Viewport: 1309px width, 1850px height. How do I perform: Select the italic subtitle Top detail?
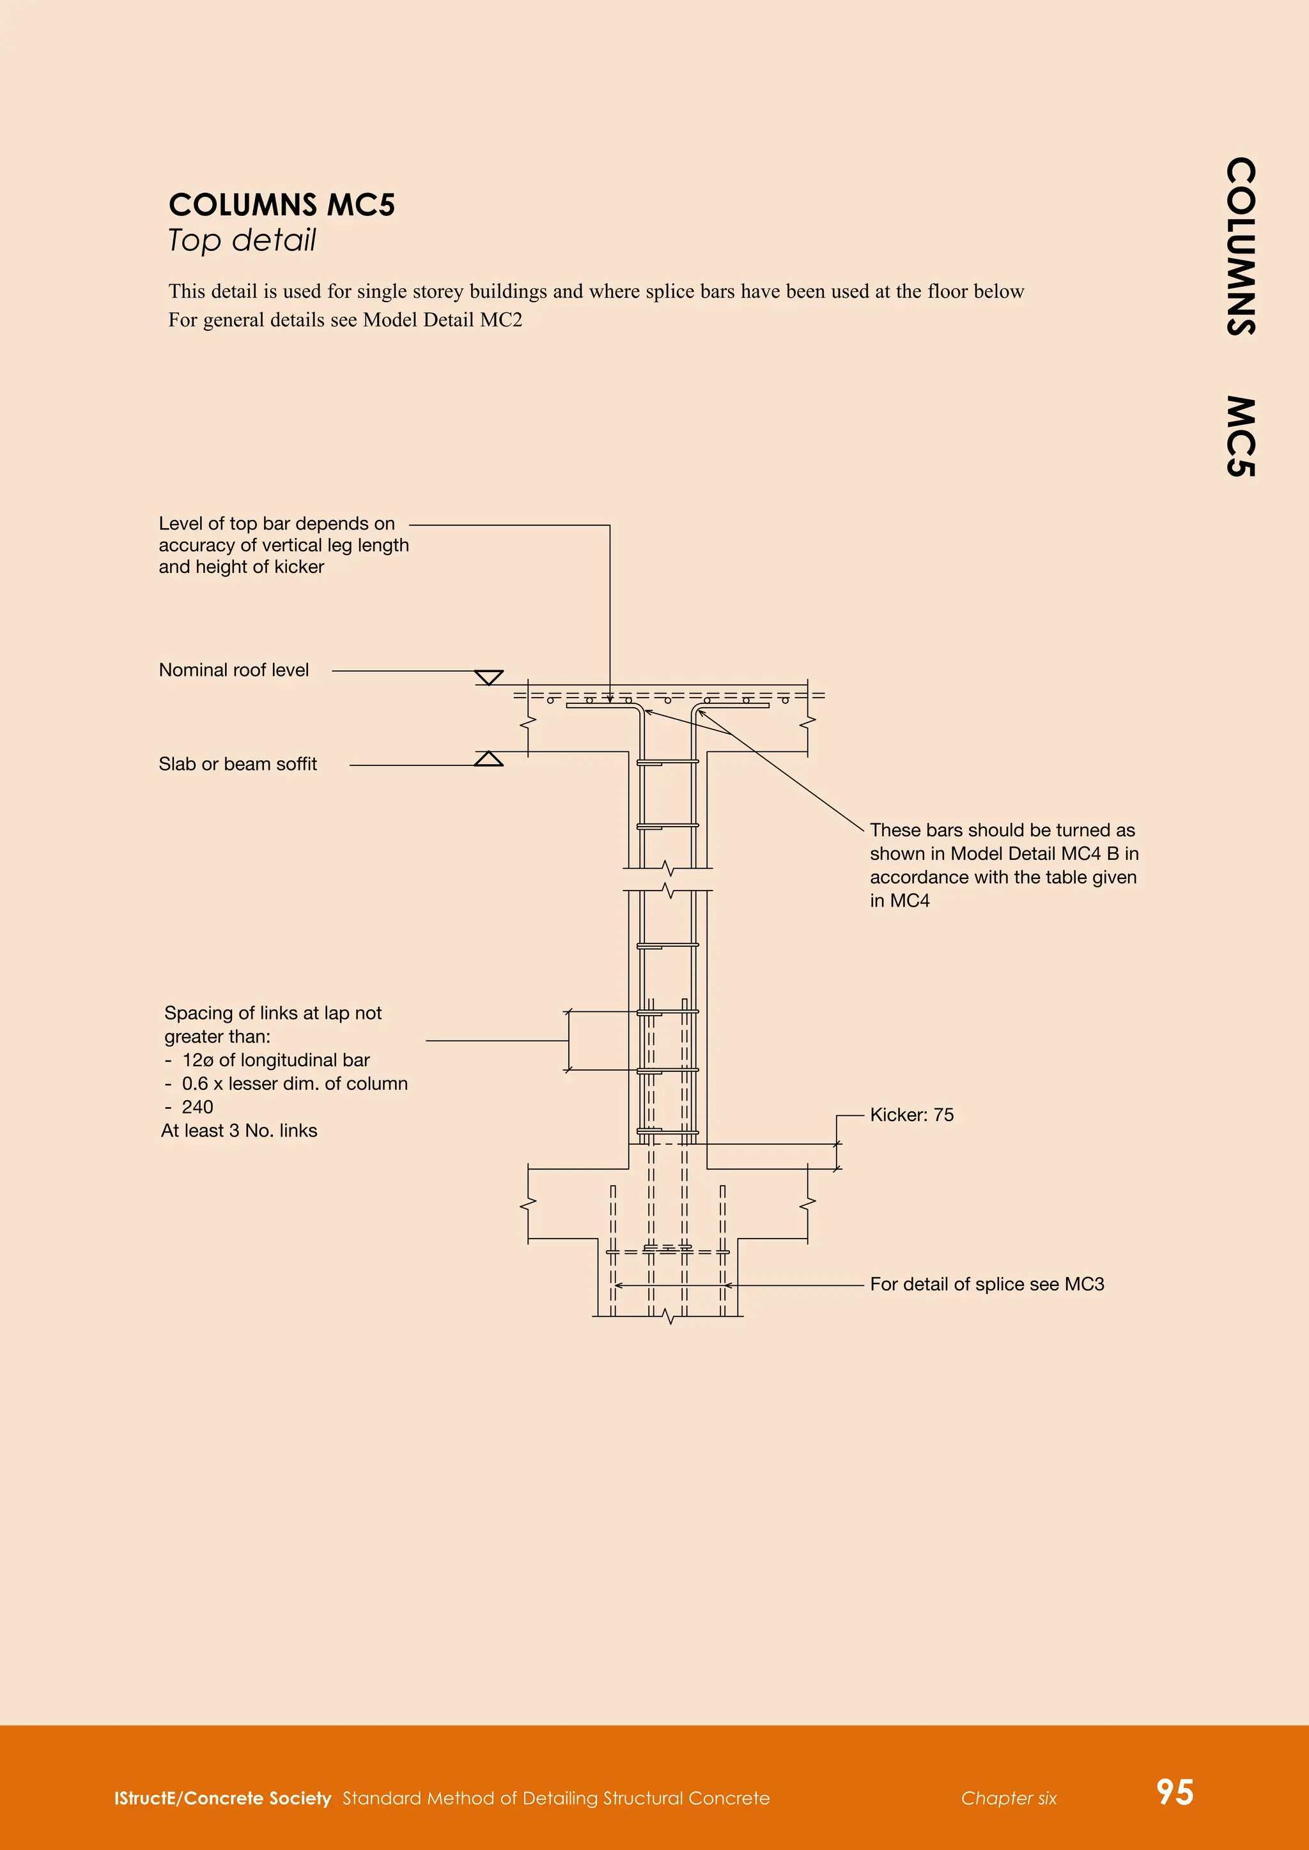coord(242,240)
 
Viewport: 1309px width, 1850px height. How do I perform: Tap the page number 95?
coord(1174,1792)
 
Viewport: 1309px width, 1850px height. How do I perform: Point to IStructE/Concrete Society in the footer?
coord(222,1798)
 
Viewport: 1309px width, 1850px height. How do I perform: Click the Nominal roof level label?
coord(234,670)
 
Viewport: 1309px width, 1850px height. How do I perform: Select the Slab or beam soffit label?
coord(238,764)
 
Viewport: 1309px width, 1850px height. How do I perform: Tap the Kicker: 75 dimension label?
coord(911,1115)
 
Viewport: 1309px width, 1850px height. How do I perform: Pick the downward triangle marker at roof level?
coord(488,677)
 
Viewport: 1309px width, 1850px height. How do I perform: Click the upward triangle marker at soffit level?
coord(488,759)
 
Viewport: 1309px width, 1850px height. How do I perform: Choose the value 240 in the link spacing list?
coord(198,1107)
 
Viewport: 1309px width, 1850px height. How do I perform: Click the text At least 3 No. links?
coord(240,1131)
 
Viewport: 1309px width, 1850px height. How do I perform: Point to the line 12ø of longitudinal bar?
coord(275,1060)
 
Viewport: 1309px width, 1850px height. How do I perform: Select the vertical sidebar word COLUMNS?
coord(1241,246)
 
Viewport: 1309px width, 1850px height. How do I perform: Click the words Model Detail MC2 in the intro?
coord(442,320)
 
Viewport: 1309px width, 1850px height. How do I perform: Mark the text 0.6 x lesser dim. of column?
coord(294,1083)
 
